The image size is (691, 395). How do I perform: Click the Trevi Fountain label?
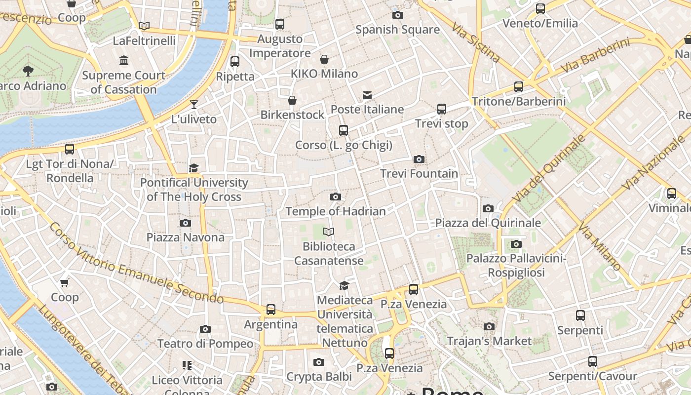[x=419, y=174]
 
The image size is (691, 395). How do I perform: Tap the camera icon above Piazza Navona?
[x=186, y=223]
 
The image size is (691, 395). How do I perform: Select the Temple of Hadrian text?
[x=336, y=211]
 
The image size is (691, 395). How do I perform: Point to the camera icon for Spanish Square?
[x=397, y=15]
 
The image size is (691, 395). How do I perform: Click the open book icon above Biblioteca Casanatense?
[x=329, y=232]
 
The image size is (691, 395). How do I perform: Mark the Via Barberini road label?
[x=596, y=56]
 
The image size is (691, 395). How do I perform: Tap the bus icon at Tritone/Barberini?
[x=519, y=87]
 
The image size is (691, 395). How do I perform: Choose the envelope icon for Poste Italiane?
[x=367, y=95]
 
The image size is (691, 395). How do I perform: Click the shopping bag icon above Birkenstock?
[x=292, y=100]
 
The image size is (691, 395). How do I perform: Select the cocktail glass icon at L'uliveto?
[x=194, y=104]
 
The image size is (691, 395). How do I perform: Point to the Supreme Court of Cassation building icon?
[x=124, y=61]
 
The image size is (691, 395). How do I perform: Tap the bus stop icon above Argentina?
[x=271, y=310]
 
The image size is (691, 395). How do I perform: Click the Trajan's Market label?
[x=489, y=341]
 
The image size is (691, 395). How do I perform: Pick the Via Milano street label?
[x=600, y=247]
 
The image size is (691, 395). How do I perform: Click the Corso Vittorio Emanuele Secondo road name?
[x=136, y=264]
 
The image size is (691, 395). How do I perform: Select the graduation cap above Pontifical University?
[x=194, y=168]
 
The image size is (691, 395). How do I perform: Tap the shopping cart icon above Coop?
[x=65, y=282]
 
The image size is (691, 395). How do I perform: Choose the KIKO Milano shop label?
[x=324, y=74]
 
